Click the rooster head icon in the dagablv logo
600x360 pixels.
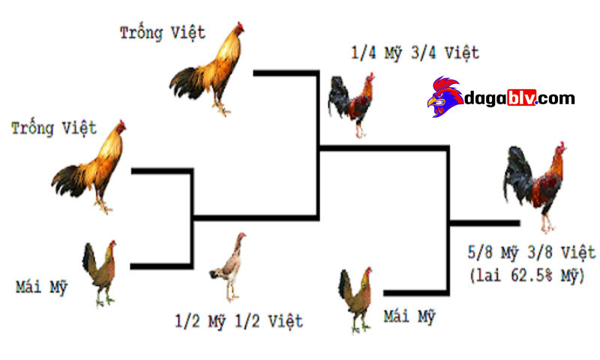[x=445, y=97]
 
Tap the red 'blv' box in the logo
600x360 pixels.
[x=522, y=97]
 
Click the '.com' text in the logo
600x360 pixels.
[x=556, y=99]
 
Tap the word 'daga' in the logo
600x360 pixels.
[x=485, y=99]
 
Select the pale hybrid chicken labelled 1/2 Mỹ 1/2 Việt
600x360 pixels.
[x=228, y=267]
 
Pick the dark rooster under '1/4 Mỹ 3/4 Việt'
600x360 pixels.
[x=351, y=105]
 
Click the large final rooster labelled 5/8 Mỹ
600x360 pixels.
[x=535, y=187]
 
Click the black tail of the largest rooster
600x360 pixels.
[x=517, y=175]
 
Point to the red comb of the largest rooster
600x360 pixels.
[x=562, y=145]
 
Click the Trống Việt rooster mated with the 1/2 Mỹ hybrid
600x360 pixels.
[x=207, y=69]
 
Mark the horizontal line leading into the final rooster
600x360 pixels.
[x=484, y=223]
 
